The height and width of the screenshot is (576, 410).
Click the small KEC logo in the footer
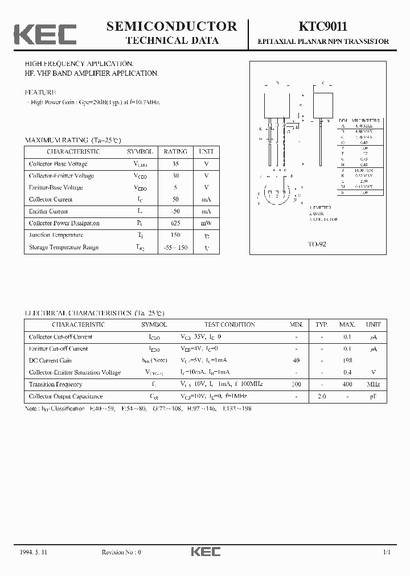point(205,552)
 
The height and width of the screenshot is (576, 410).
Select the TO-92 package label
point(317,244)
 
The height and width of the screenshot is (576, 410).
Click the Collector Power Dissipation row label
point(64,223)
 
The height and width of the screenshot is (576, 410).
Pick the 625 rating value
point(175,223)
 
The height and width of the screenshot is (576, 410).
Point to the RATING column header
point(175,152)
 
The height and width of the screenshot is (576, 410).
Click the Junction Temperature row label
point(56,235)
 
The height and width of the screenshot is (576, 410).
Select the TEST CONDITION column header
point(229,324)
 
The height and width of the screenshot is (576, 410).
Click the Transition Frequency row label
point(55,384)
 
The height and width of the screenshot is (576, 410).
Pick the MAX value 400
point(347,384)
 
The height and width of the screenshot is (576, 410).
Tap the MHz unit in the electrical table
point(373,384)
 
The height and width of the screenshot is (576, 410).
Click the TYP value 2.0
point(322,396)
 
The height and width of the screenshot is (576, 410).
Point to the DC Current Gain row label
point(50,360)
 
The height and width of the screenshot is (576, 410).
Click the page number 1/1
point(387,552)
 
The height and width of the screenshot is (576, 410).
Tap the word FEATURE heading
point(40,92)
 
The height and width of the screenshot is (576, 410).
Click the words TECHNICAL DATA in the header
point(171,40)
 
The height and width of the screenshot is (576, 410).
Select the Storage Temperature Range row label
point(63,247)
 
